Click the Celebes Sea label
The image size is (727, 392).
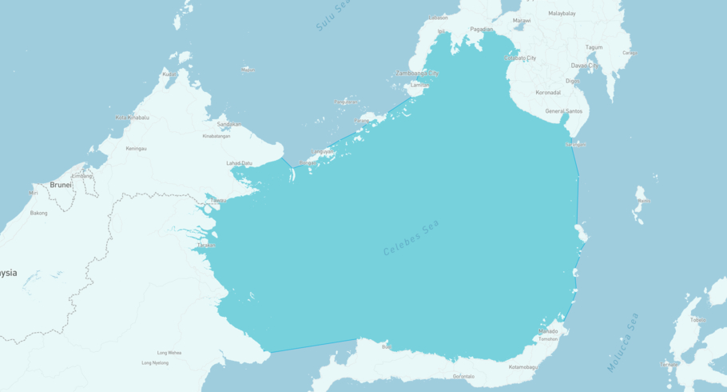(411, 238)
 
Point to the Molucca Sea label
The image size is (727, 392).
(623, 342)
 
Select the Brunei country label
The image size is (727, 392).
(61, 185)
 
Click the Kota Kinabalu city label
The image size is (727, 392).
(132, 118)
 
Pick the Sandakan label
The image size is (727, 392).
(229, 124)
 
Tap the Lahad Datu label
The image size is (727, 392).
(239, 163)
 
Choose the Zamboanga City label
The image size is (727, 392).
(417, 73)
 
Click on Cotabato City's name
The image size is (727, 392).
(520, 58)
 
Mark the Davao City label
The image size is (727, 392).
(586, 66)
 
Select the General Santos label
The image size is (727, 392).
(564, 111)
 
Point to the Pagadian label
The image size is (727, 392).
(481, 29)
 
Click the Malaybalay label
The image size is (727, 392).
(562, 14)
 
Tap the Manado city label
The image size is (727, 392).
(548, 331)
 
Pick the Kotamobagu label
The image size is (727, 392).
(523, 367)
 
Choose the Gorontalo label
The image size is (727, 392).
(463, 376)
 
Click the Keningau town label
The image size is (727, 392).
(136, 148)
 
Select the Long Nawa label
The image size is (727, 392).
(169, 352)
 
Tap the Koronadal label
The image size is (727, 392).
(548, 92)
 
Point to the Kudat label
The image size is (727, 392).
(169, 74)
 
